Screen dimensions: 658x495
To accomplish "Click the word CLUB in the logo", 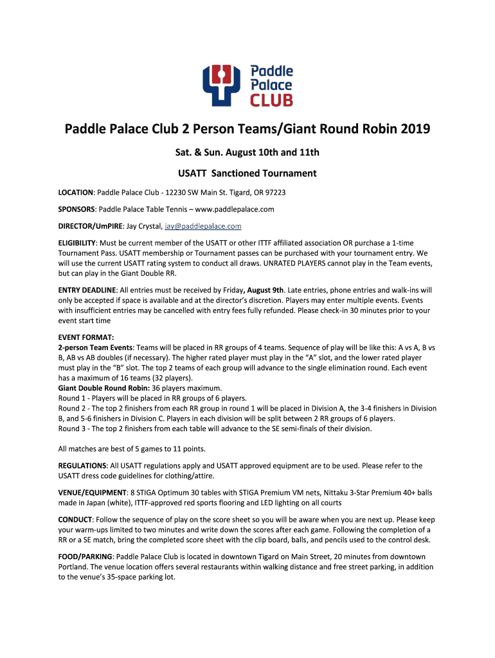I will [271, 100].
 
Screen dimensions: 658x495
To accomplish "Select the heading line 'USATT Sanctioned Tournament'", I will [247, 173].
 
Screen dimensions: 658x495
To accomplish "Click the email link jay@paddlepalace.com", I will [203, 226].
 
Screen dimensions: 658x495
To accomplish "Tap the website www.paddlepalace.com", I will [234, 209].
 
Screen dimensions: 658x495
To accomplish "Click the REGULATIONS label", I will [82, 465].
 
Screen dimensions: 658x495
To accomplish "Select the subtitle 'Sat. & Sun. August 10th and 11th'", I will [247, 152].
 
